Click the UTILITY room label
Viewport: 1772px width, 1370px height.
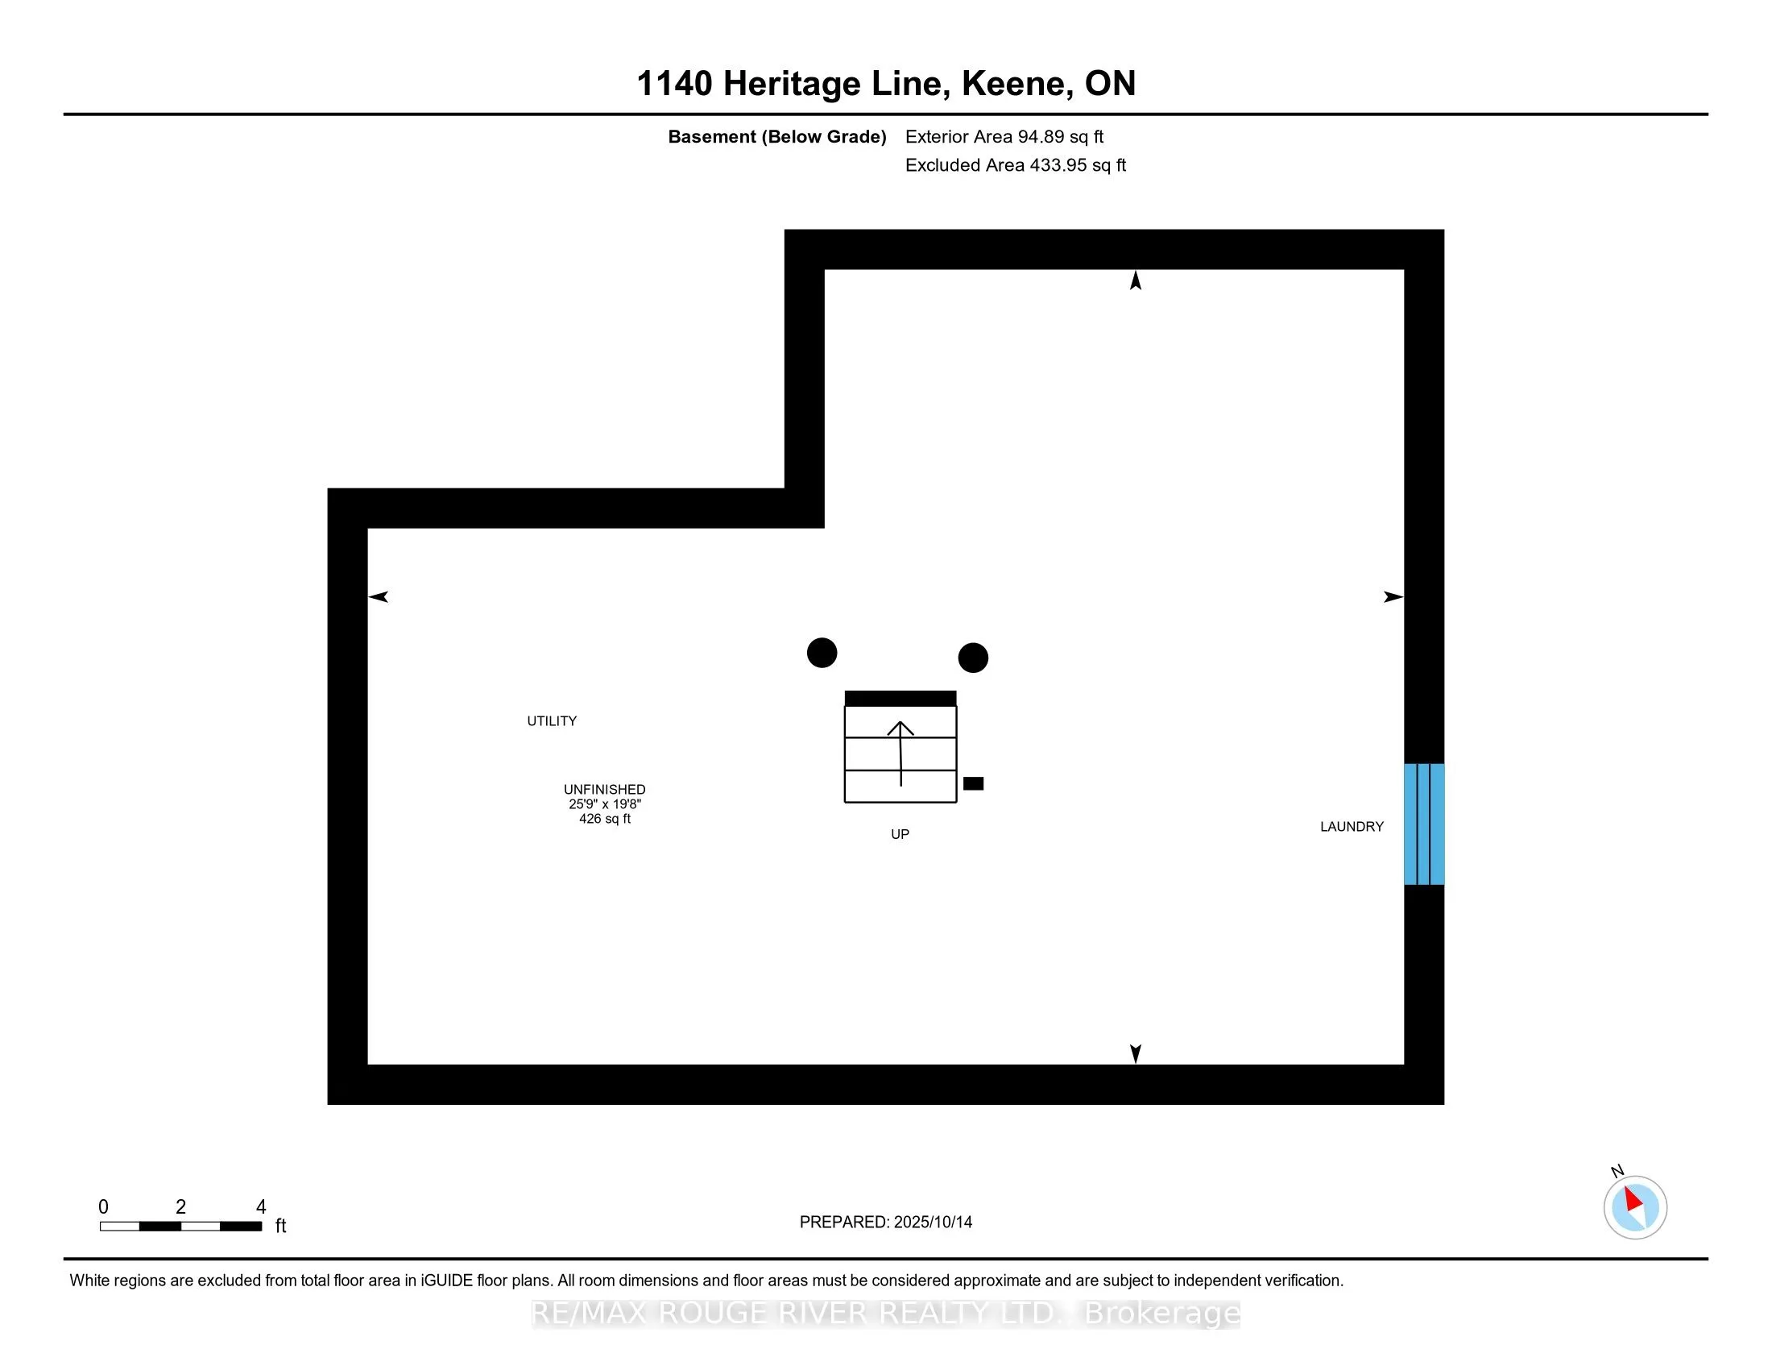point(552,720)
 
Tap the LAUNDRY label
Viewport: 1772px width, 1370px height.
point(1351,826)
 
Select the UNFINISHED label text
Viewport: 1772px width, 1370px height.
point(604,789)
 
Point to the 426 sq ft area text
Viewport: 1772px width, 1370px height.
point(604,819)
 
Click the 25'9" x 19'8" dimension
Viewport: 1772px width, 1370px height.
point(604,804)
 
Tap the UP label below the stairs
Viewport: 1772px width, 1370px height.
point(900,834)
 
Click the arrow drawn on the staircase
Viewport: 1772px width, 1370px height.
point(900,752)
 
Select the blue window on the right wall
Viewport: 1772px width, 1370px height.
point(1424,824)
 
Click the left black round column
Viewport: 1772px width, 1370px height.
point(822,653)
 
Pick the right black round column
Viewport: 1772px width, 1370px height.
point(973,658)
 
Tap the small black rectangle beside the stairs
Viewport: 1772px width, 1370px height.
point(973,783)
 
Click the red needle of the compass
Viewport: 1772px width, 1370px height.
point(1633,1199)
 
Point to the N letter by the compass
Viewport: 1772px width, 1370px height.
point(1617,1171)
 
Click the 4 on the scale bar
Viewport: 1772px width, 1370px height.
point(260,1207)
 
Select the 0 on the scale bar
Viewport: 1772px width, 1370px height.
point(103,1207)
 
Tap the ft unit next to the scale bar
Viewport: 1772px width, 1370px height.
point(281,1226)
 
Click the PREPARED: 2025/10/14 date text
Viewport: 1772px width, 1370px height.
point(885,1223)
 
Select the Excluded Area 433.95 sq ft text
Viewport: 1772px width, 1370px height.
point(1015,165)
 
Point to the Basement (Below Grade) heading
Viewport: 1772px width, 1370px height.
point(776,136)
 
